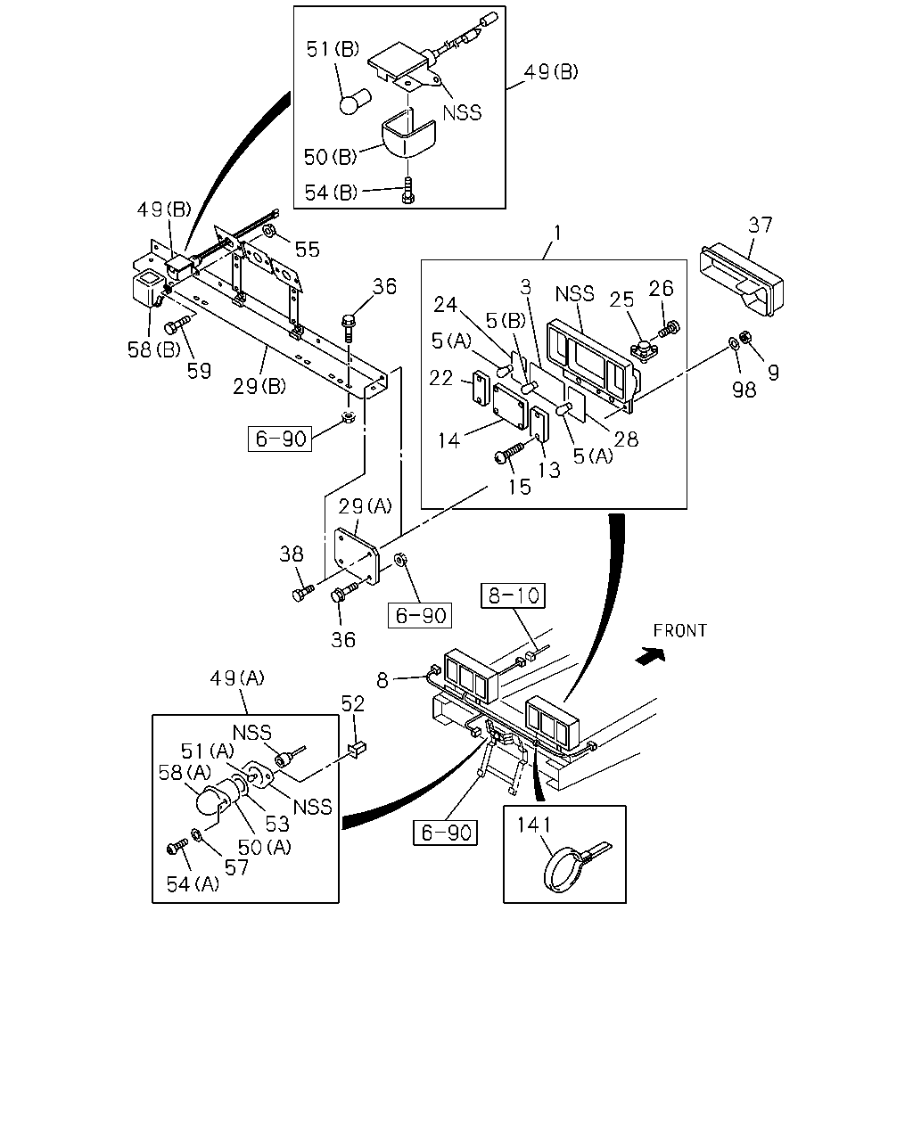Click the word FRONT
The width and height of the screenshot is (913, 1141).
[x=679, y=630]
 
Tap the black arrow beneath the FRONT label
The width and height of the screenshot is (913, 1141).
[x=650, y=656]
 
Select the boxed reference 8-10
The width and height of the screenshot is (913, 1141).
[x=513, y=595]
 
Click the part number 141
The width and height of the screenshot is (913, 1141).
[x=534, y=825]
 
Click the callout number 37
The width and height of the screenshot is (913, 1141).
[x=761, y=225]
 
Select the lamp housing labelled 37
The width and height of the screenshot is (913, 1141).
[x=741, y=281]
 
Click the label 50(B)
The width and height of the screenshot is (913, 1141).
[x=330, y=156]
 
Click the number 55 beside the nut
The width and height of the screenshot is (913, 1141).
[x=308, y=250]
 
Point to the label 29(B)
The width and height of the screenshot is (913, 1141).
[x=259, y=386]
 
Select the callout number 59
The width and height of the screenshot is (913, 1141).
[x=199, y=371]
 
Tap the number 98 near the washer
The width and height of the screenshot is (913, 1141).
[x=744, y=390]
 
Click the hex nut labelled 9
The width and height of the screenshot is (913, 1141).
[x=744, y=336]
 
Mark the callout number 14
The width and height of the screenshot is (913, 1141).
[x=448, y=440]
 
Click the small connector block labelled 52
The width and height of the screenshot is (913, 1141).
[x=358, y=749]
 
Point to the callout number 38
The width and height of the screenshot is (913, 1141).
[x=292, y=554]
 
